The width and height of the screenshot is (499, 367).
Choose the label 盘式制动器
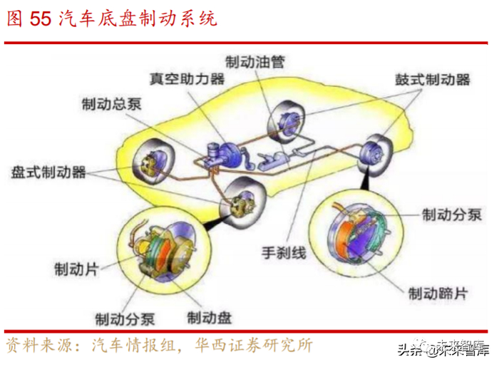point(49,172)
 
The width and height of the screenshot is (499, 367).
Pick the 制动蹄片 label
point(438,292)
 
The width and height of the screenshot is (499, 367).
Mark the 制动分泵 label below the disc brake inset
point(125,318)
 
